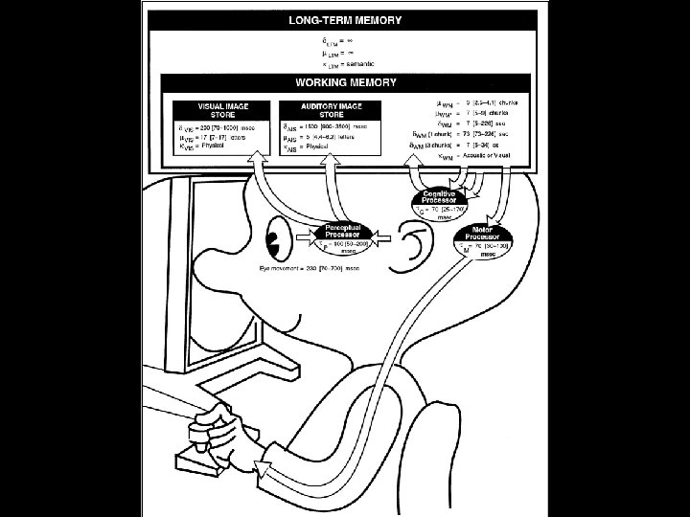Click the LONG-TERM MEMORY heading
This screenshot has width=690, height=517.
[346, 19]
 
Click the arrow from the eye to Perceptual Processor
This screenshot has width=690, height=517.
[300, 234]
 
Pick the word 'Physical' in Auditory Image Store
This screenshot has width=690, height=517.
[320, 149]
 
